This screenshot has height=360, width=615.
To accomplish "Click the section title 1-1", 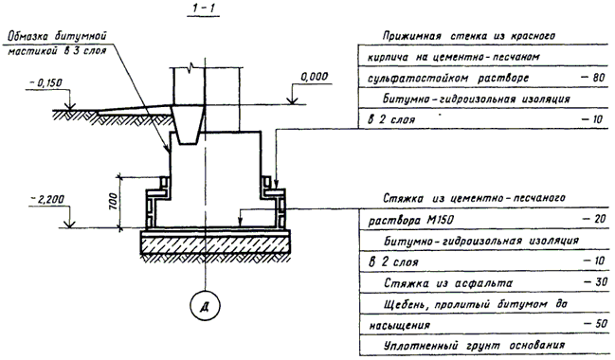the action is pos(204,9).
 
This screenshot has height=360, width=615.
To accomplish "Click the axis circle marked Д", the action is pos(205,306).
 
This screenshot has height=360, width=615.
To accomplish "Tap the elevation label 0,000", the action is pos(315,77).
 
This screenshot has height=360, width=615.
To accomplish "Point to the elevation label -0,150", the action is pos(45,83).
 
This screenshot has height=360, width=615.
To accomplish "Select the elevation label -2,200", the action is pos(47,200).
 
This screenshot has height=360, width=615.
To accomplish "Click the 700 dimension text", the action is pos(113,201).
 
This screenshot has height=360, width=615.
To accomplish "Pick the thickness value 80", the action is pos(593,78).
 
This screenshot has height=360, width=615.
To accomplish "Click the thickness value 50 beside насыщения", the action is pos(595,324).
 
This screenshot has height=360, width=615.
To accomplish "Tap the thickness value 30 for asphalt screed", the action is pos(596,281).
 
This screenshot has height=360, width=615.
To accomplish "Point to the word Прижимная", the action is pos(412,36).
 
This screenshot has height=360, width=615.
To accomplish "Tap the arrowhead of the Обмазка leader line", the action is pos(168,150).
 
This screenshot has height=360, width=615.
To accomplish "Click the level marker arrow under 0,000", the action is pos(292,101).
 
